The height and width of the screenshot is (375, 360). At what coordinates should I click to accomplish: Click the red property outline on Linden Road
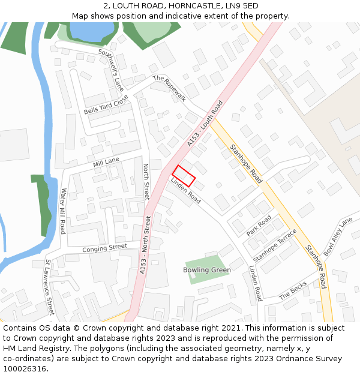click(184, 175)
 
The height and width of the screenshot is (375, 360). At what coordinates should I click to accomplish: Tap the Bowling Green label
click(207, 270)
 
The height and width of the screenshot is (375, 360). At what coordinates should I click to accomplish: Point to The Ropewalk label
click(169, 89)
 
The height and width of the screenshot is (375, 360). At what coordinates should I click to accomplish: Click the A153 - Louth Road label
click(205, 124)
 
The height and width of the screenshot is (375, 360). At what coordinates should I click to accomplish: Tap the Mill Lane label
click(106, 162)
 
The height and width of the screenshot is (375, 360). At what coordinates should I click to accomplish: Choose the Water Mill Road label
click(62, 211)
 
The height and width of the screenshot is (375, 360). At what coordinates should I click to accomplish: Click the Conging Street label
click(104, 247)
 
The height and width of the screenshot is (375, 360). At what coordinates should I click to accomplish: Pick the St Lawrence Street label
click(50, 287)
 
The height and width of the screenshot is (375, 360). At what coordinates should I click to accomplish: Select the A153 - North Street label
click(145, 245)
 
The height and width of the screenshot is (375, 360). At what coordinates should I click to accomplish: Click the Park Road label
click(259, 225)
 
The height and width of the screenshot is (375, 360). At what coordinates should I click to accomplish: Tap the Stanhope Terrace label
click(275, 244)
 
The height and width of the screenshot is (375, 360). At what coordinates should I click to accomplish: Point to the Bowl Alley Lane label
click(338, 236)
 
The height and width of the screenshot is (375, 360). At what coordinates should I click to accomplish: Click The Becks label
click(293, 290)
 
